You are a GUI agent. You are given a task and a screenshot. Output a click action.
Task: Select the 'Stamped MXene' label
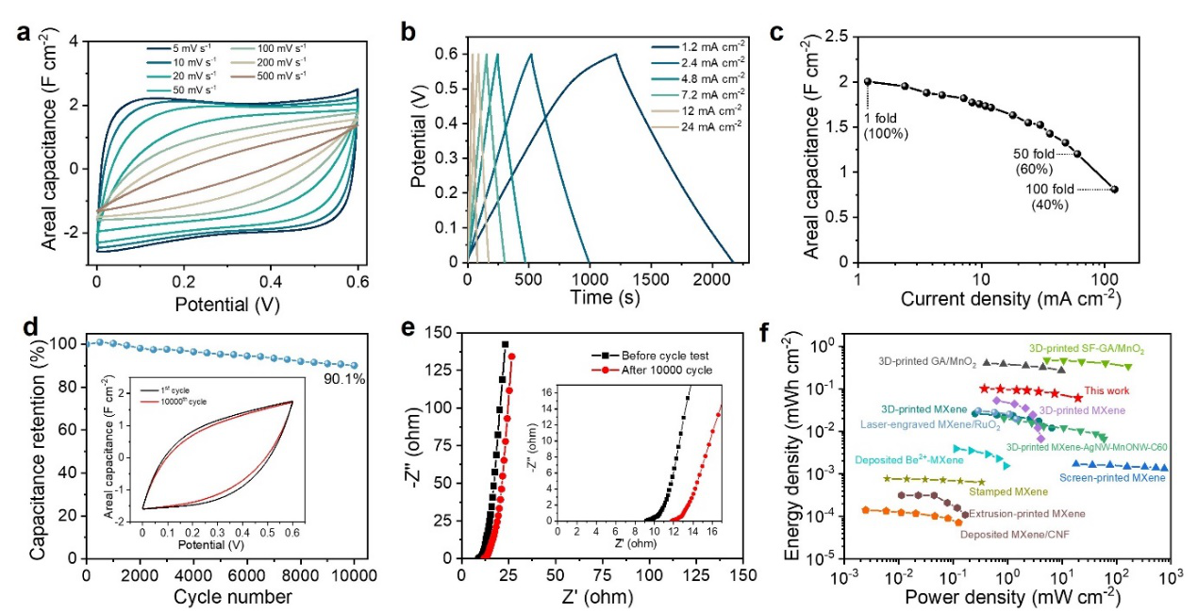[990, 492]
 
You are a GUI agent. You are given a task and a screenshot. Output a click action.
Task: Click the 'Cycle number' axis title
[223, 596]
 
